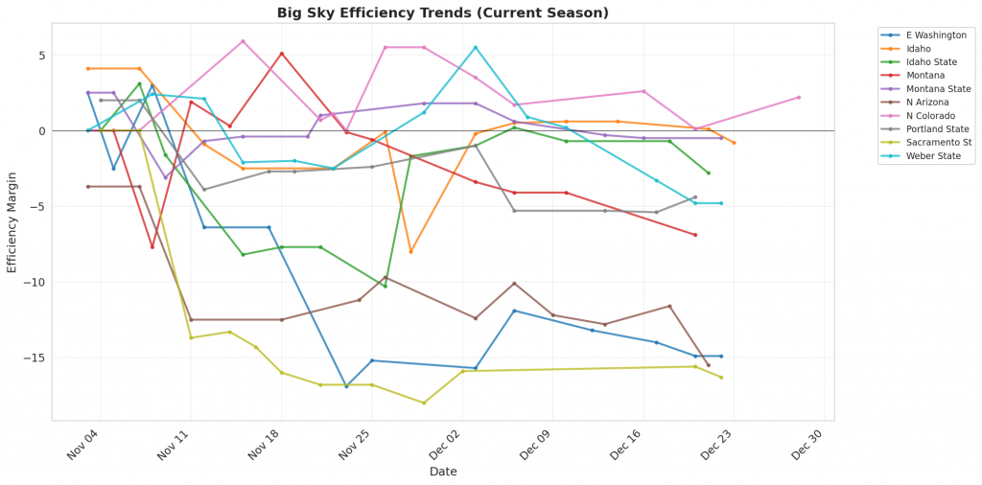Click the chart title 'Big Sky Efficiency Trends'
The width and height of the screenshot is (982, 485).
443,13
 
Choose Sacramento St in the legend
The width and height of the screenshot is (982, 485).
925,142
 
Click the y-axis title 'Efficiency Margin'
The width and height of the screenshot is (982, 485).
12,221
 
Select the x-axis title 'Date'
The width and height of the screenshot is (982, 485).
443,472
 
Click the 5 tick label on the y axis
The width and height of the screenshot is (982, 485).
40,55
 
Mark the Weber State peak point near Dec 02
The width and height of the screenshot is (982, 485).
476,47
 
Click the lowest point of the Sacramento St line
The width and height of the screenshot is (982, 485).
424,403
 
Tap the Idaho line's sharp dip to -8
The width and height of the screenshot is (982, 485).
410,251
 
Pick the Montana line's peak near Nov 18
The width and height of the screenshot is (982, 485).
281,53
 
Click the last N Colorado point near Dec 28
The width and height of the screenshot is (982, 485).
799,97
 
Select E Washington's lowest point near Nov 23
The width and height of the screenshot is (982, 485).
346,386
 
